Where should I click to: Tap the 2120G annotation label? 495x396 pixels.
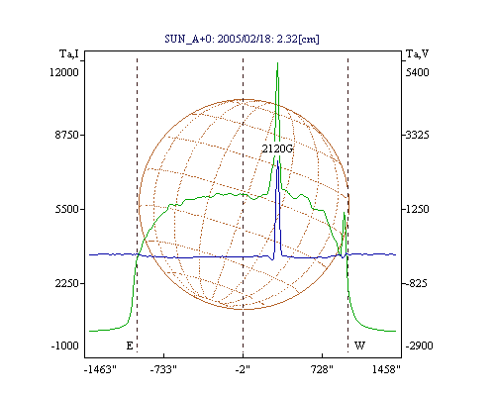(x=277, y=148)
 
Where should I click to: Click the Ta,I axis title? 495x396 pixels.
(x=69, y=53)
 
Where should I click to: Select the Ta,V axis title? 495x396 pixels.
(x=417, y=53)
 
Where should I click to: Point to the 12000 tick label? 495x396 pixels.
(x=64, y=72)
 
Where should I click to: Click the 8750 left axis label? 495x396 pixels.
(x=67, y=135)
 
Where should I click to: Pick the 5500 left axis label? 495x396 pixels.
(x=67, y=209)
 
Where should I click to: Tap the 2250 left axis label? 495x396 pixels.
(x=67, y=283)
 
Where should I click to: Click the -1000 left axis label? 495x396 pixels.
(x=64, y=346)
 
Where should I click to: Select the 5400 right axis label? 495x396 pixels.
(x=417, y=72)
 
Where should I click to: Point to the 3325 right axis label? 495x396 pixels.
(x=417, y=135)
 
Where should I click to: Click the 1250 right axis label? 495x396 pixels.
(x=417, y=209)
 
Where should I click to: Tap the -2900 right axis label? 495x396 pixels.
(x=419, y=346)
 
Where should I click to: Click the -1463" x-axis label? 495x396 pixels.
(x=100, y=369)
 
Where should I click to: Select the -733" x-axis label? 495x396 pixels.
(x=163, y=369)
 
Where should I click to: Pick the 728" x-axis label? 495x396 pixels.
(x=322, y=369)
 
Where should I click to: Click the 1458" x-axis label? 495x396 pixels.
(x=386, y=369)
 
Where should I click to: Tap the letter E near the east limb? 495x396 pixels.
(x=130, y=346)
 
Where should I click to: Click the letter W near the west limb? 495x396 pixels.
(x=359, y=346)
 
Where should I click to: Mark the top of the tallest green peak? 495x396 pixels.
(x=277, y=62)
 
